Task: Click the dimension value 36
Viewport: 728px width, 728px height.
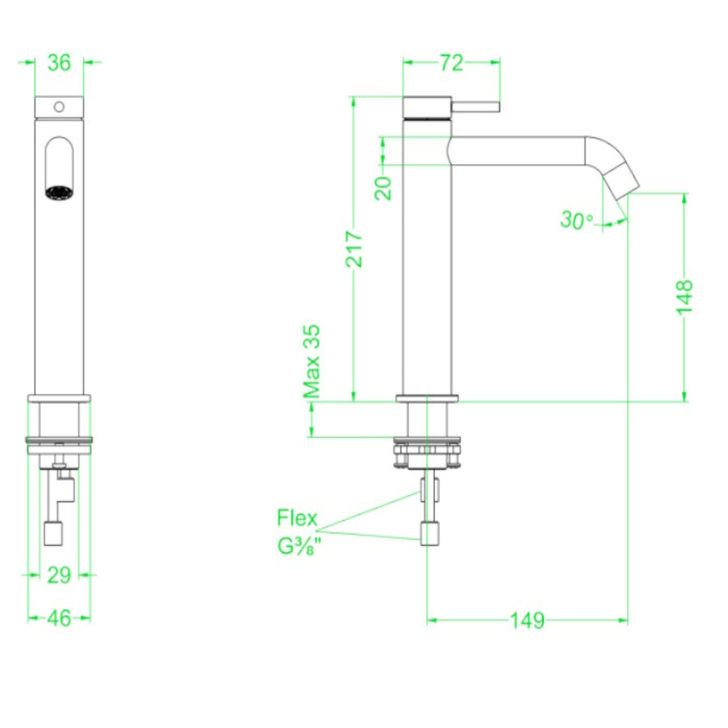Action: pyautogui.click(x=59, y=61)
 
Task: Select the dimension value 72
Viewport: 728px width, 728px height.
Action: pyautogui.click(x=451, y=62)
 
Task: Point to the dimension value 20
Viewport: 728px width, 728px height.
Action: pyautogui.click(x=384, y=188)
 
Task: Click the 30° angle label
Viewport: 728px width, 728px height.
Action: pyautogui.click(x=576, y=220)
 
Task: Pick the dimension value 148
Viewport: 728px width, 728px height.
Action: pyautogui.click(x=685, y=296)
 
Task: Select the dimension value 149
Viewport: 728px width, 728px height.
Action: pyautogui.click(x=527, y=620)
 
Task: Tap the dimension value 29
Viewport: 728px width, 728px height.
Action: pyautogui.click(x=59, y=574)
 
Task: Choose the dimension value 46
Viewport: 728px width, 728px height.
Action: pyautogui.click(x=59, y=617)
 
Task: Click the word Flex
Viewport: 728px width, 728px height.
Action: pyautogui.click(x=297, y=518)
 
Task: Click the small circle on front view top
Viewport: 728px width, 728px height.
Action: pyautogui.click(x=58, y=106)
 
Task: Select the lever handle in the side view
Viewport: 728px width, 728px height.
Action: pyautogui.click(x=476, y=107)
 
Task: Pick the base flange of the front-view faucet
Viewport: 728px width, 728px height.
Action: pyautogui.click(x=59, y=398)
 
